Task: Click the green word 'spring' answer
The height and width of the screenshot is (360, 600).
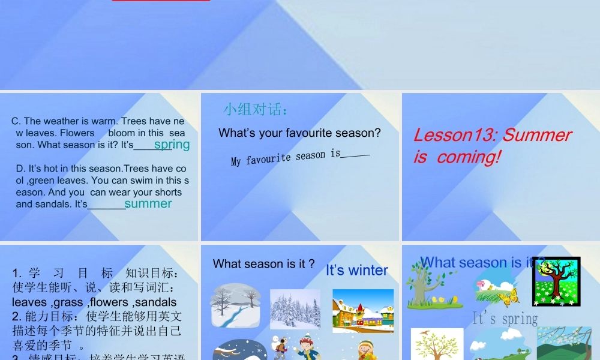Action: pyautogui.click(x=172, y=144)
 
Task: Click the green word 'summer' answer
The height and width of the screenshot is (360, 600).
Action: pyautogui.click(x=148, y=203)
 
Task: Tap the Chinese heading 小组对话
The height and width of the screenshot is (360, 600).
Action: pyautogui.click(x=256, y=109)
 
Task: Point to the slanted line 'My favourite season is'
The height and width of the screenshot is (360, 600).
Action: pyautogui.click(x=286, y=158)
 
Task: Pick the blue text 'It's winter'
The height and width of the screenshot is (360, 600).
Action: pyautogui.click(x=357, y=271)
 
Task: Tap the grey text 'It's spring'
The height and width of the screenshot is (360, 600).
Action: pyautogui.click(x=505, y=319)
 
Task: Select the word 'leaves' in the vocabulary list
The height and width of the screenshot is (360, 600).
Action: pyautogui.click(x=29, y=302)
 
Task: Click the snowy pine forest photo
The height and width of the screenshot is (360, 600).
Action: pyautogui.click(x=295, y=309)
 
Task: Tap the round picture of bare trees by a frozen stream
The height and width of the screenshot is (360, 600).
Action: pyautogui.click(x=235, y=305)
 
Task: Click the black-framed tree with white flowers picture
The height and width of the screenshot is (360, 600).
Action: pyautogui.click(x=556, y=281)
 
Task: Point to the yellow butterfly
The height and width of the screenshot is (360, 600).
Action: pyautogui.click(x=508, y=296)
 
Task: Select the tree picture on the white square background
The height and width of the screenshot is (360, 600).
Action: pyautogui.click(x=437, y=344)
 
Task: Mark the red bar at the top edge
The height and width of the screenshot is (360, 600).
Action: pyautogui.click(x=161, y=1)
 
